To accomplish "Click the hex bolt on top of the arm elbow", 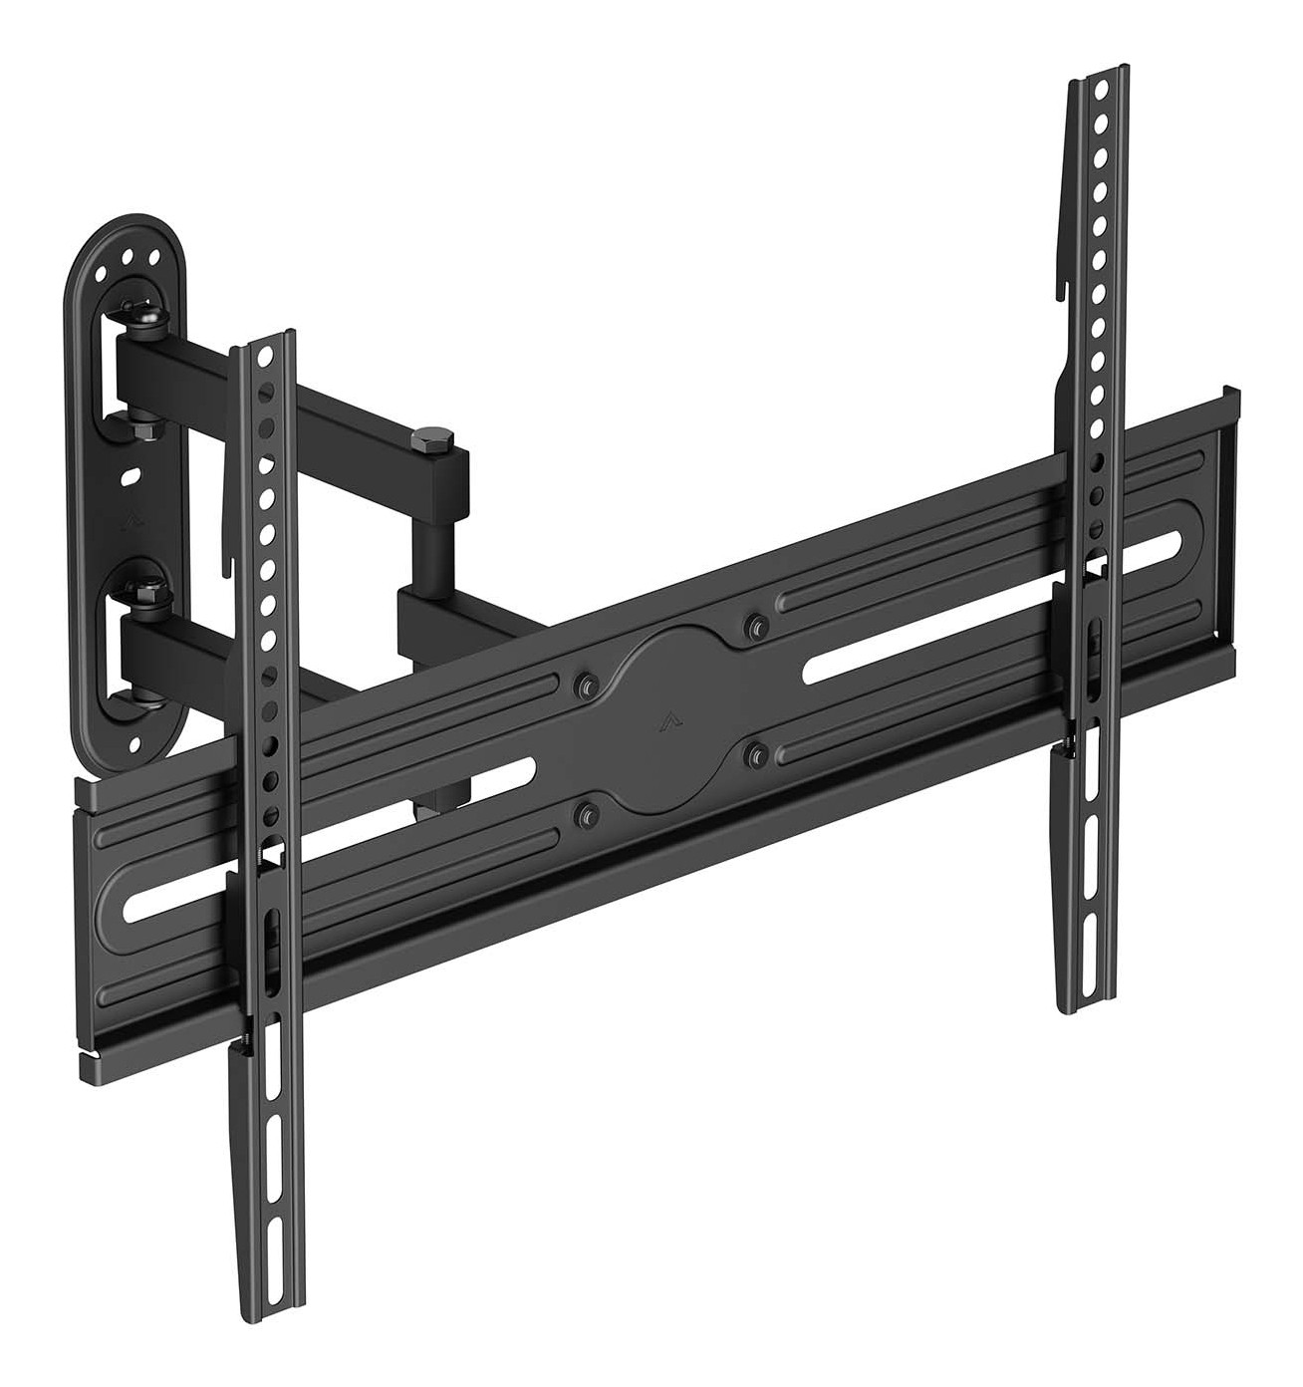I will (433, 438).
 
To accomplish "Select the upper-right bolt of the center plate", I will (757, 625).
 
